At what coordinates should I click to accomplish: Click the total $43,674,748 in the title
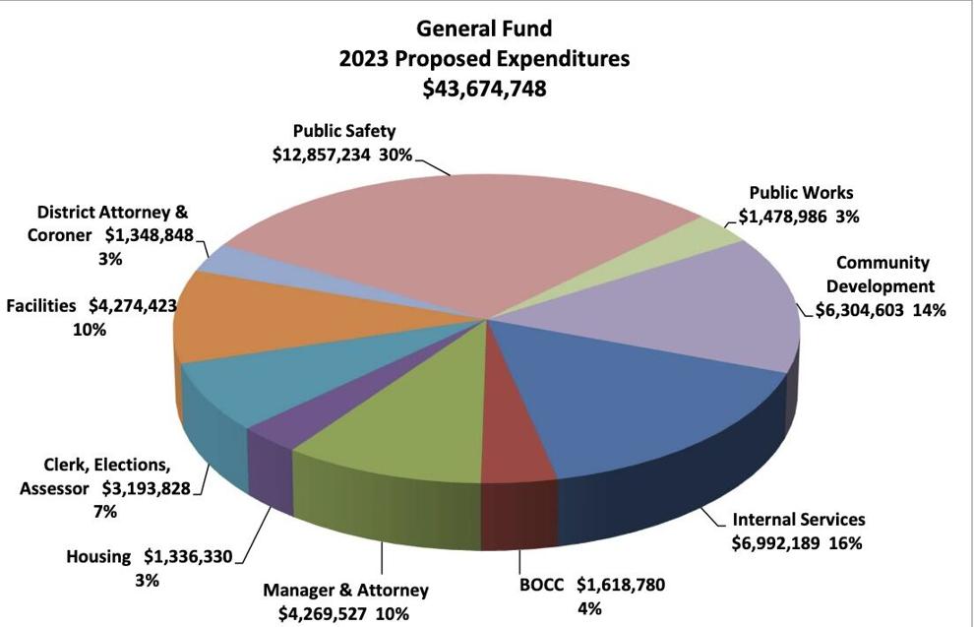[x=485, y=89]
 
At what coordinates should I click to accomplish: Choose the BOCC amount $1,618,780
[x=620, y=585]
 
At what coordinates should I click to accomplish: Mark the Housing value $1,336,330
[x=188, y=557]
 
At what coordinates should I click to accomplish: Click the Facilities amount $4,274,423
[x=133, y=306]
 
